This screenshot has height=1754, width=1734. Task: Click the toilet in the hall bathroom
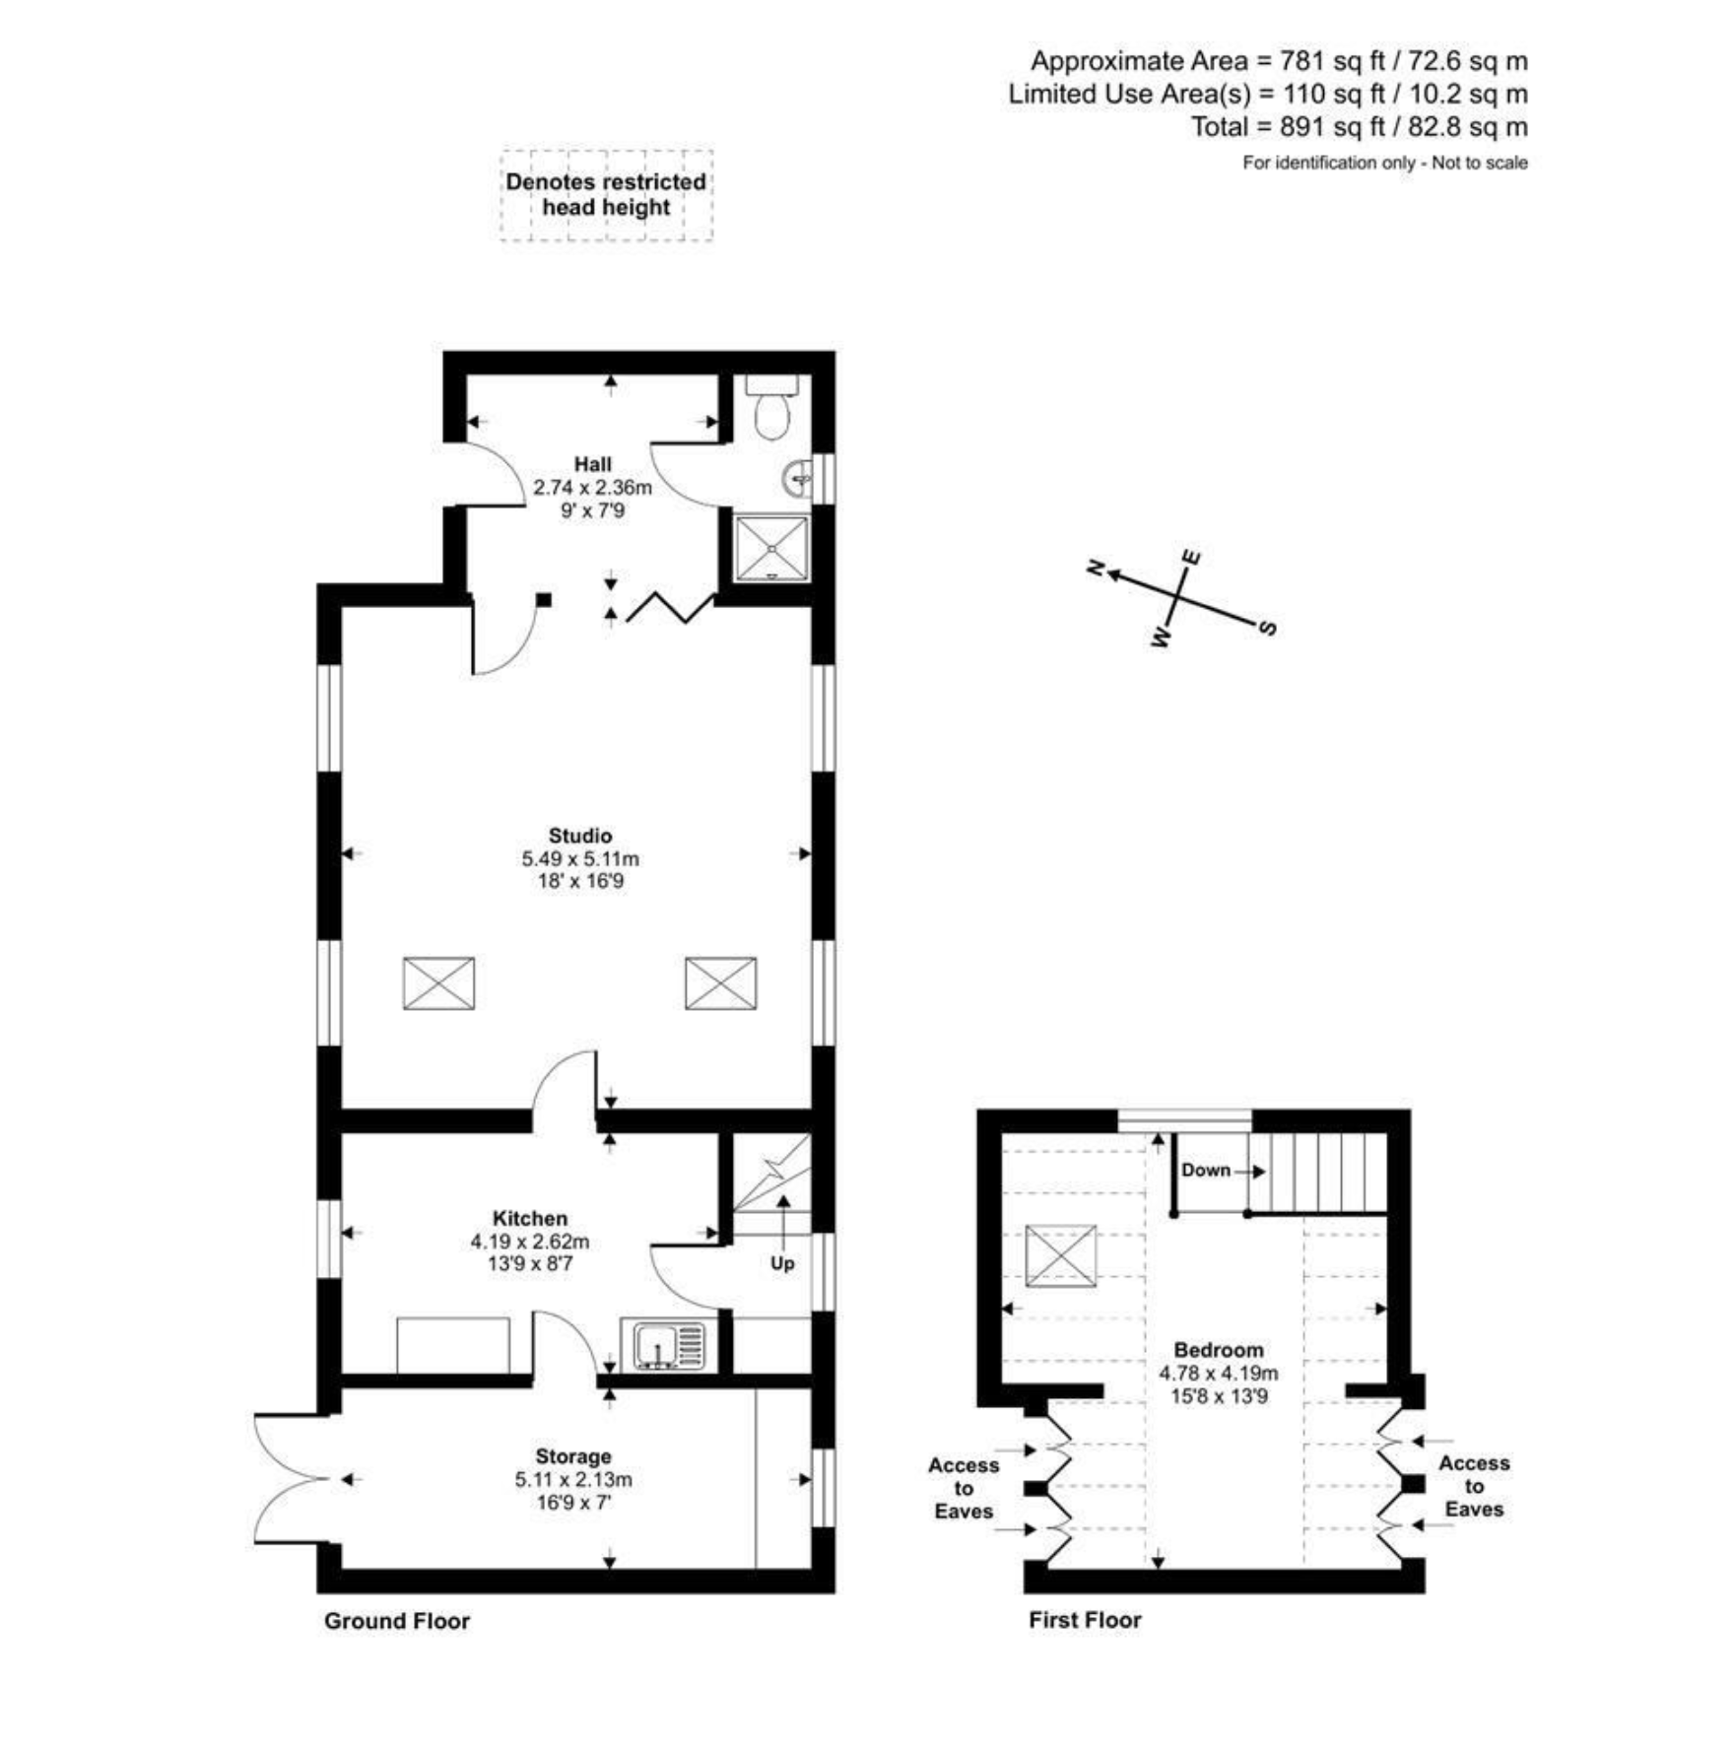[x=770, y=406]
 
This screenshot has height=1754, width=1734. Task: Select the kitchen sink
[x=663, y=1345]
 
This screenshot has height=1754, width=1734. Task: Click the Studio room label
[x=580, y=836]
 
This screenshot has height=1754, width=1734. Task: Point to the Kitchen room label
[x=530, y=1218]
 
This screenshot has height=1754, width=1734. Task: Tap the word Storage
[x=573, y=1456]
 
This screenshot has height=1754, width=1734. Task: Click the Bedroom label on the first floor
[x=1219, y=1350]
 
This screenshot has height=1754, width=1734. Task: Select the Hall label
[x=593, y=464]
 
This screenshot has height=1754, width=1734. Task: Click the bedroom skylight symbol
[x=1060, y=1255]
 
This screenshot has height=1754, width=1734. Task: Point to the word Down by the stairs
[x=1206, y=1170]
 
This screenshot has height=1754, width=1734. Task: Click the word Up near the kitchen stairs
[x=782, y=1263]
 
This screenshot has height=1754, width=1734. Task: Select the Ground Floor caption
[x=397, y=1621]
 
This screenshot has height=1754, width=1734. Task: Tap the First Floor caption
[x=1085, y=1620]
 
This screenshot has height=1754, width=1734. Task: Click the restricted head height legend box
[x=606, y=195]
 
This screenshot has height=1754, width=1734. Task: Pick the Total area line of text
[x=1360, y=127]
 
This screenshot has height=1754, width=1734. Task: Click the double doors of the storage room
[x=293, y=1478]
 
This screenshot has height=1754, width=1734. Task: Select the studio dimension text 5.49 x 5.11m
[x=580, y=858]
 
